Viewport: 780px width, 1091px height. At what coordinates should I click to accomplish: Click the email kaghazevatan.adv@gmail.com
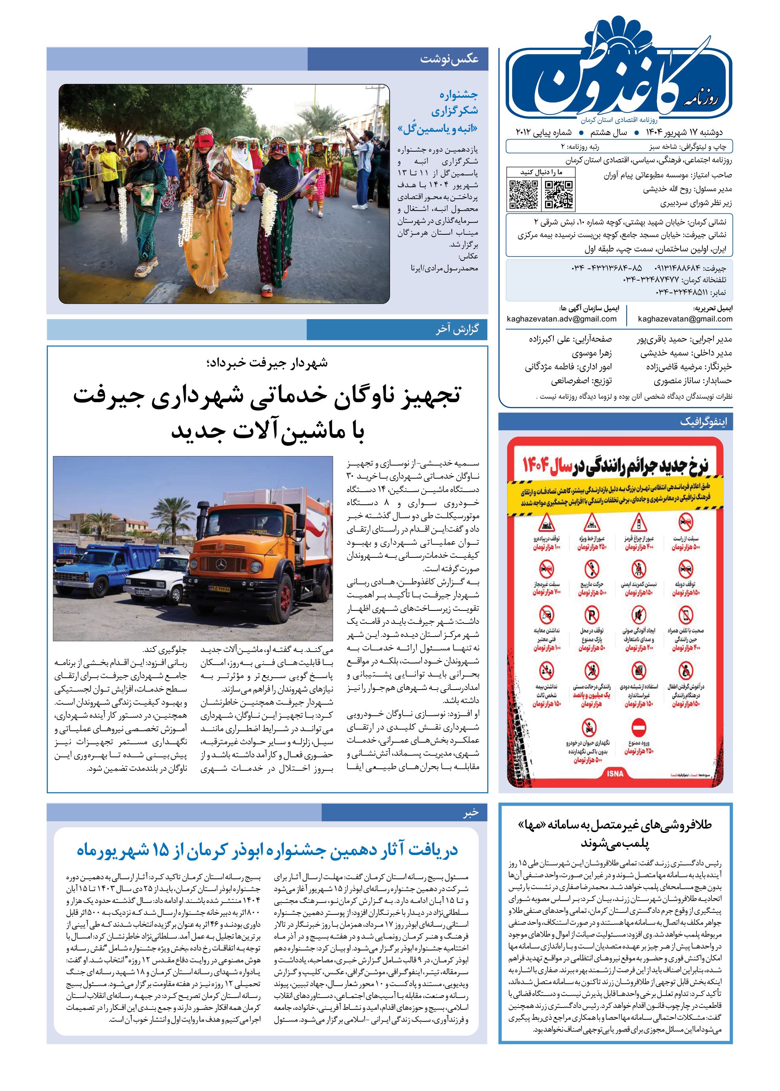561,319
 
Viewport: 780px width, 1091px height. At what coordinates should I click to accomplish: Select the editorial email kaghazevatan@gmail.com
685,319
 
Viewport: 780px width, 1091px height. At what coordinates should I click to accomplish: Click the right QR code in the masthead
558,194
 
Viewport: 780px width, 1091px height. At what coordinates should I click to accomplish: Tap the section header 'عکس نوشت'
449,59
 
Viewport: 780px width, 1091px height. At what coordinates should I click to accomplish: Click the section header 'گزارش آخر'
457,329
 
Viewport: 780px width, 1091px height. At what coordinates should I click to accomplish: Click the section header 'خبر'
471,813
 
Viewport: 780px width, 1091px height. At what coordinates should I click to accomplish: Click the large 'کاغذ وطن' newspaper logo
620,77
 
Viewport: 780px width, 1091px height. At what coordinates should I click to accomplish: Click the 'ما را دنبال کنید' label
541,172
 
